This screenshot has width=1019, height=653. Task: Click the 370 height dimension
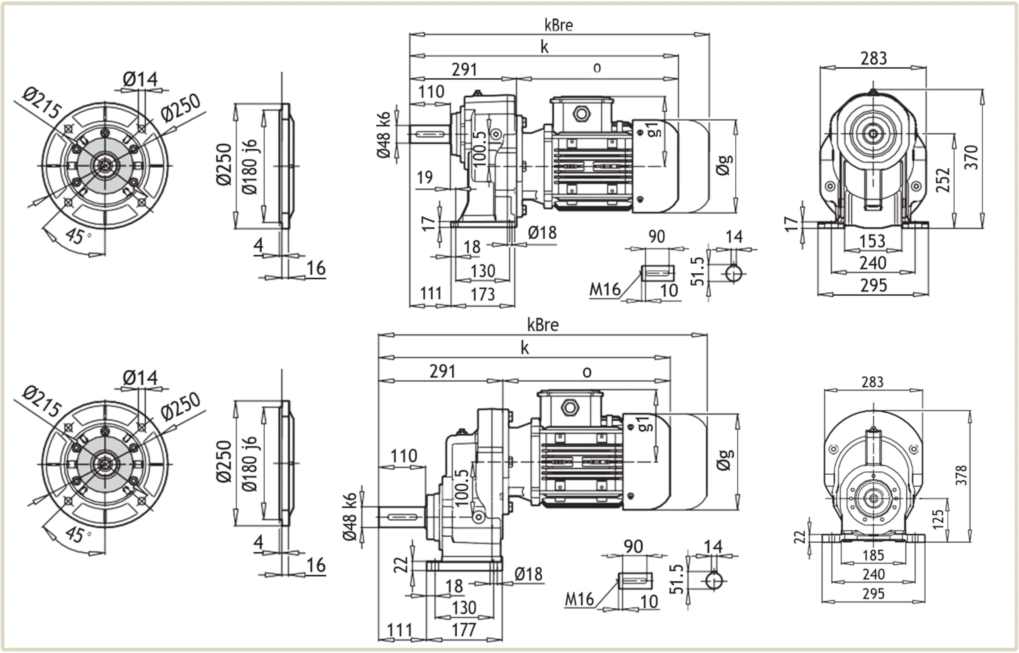coord(971,157)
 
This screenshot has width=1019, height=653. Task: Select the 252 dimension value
coord(943,180)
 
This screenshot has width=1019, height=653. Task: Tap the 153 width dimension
coord(873,241)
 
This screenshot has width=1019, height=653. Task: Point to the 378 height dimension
coord(961,475)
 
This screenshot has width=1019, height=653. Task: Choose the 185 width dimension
coord(873,555)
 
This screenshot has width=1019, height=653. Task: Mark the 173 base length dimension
coord(483,294)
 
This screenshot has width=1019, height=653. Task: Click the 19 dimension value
coord(424,177)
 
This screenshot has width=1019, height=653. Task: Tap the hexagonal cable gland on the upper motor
coord(581,114)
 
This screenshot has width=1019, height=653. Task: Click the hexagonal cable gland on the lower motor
coord(570,408)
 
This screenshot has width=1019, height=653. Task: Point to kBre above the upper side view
coord(558,25)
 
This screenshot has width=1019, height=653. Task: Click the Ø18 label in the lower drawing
coord(529,574)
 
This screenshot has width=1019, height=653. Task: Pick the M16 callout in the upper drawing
coord(604,290)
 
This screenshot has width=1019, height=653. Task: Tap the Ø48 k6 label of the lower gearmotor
coord(350,517)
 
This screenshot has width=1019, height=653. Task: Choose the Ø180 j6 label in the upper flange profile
coord(250,166)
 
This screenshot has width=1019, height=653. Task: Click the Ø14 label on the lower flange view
coord(140,377)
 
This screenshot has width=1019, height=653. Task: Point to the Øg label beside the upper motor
coord(724,165)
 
